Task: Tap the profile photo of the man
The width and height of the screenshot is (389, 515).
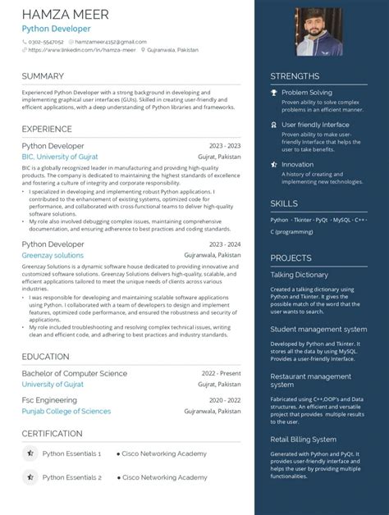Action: (319, 32)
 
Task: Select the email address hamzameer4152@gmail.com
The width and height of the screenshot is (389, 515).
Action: (111, 41)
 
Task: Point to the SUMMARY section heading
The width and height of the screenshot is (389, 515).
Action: (43, 76)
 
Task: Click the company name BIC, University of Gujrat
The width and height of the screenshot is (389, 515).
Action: (60, 156)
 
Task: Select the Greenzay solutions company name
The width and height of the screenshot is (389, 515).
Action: (53, 255)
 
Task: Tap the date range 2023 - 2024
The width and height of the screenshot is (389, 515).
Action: (224, 244)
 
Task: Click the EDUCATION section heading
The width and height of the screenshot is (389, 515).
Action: (45, 357)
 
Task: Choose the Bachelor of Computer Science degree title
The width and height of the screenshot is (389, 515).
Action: (75, 373)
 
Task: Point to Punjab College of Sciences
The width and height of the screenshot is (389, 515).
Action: (66, 411)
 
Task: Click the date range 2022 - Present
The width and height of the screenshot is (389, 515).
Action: (221, 373)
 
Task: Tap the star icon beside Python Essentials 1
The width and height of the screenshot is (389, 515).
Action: (30, 453)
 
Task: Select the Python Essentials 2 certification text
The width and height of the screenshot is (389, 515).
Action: (72, 477)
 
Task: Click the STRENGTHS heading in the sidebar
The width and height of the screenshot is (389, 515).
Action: (295, 76)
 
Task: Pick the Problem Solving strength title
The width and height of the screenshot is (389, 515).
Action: (307, 93)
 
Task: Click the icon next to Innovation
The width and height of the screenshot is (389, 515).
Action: (275, 164)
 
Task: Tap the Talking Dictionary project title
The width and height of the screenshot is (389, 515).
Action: (300, 275)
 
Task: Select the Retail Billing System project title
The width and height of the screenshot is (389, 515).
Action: (304, 440)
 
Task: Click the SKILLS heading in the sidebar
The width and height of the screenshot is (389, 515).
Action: (285, 203)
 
